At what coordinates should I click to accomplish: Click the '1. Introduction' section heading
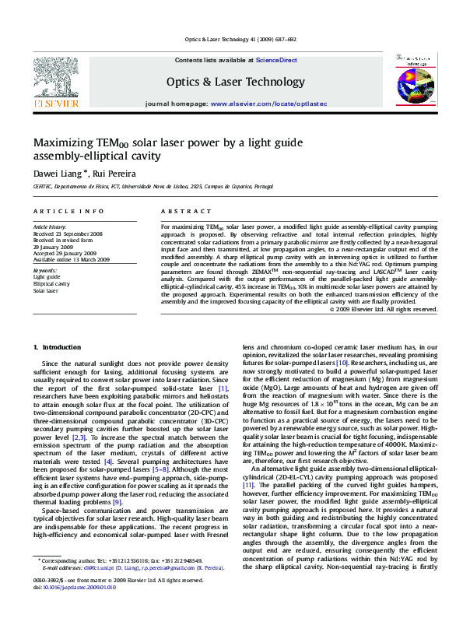pyautogui.click(x=58, y=346)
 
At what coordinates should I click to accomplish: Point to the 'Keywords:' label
pyautogui.click(x=45, y=270)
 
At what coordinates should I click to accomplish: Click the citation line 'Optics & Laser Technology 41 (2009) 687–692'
pyautogui.click(x=240, y=39)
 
